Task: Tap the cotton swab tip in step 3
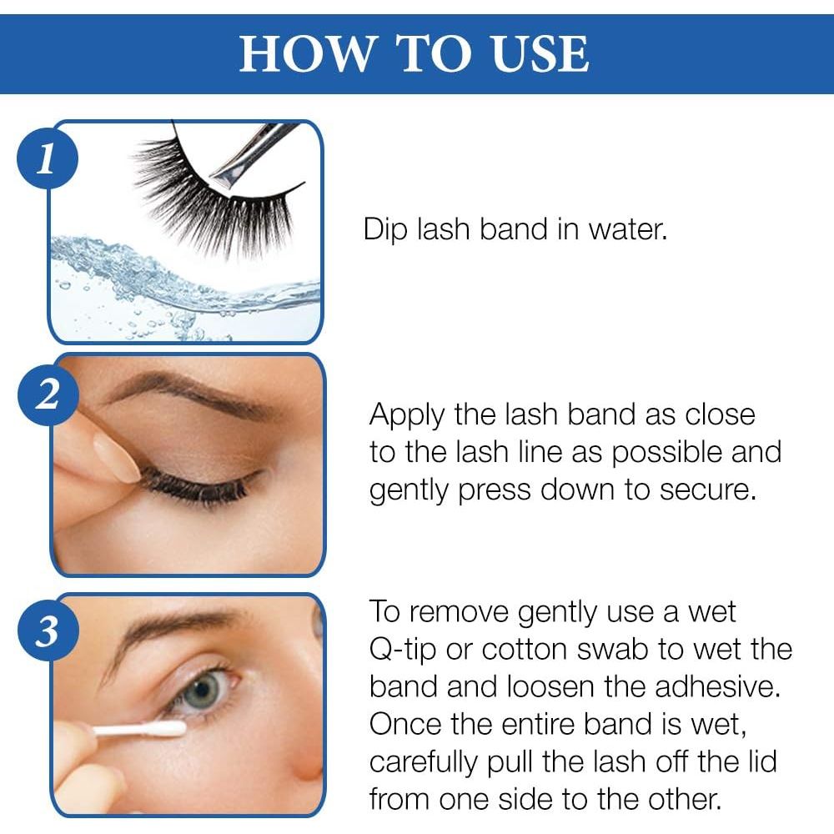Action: click(167, 729)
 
